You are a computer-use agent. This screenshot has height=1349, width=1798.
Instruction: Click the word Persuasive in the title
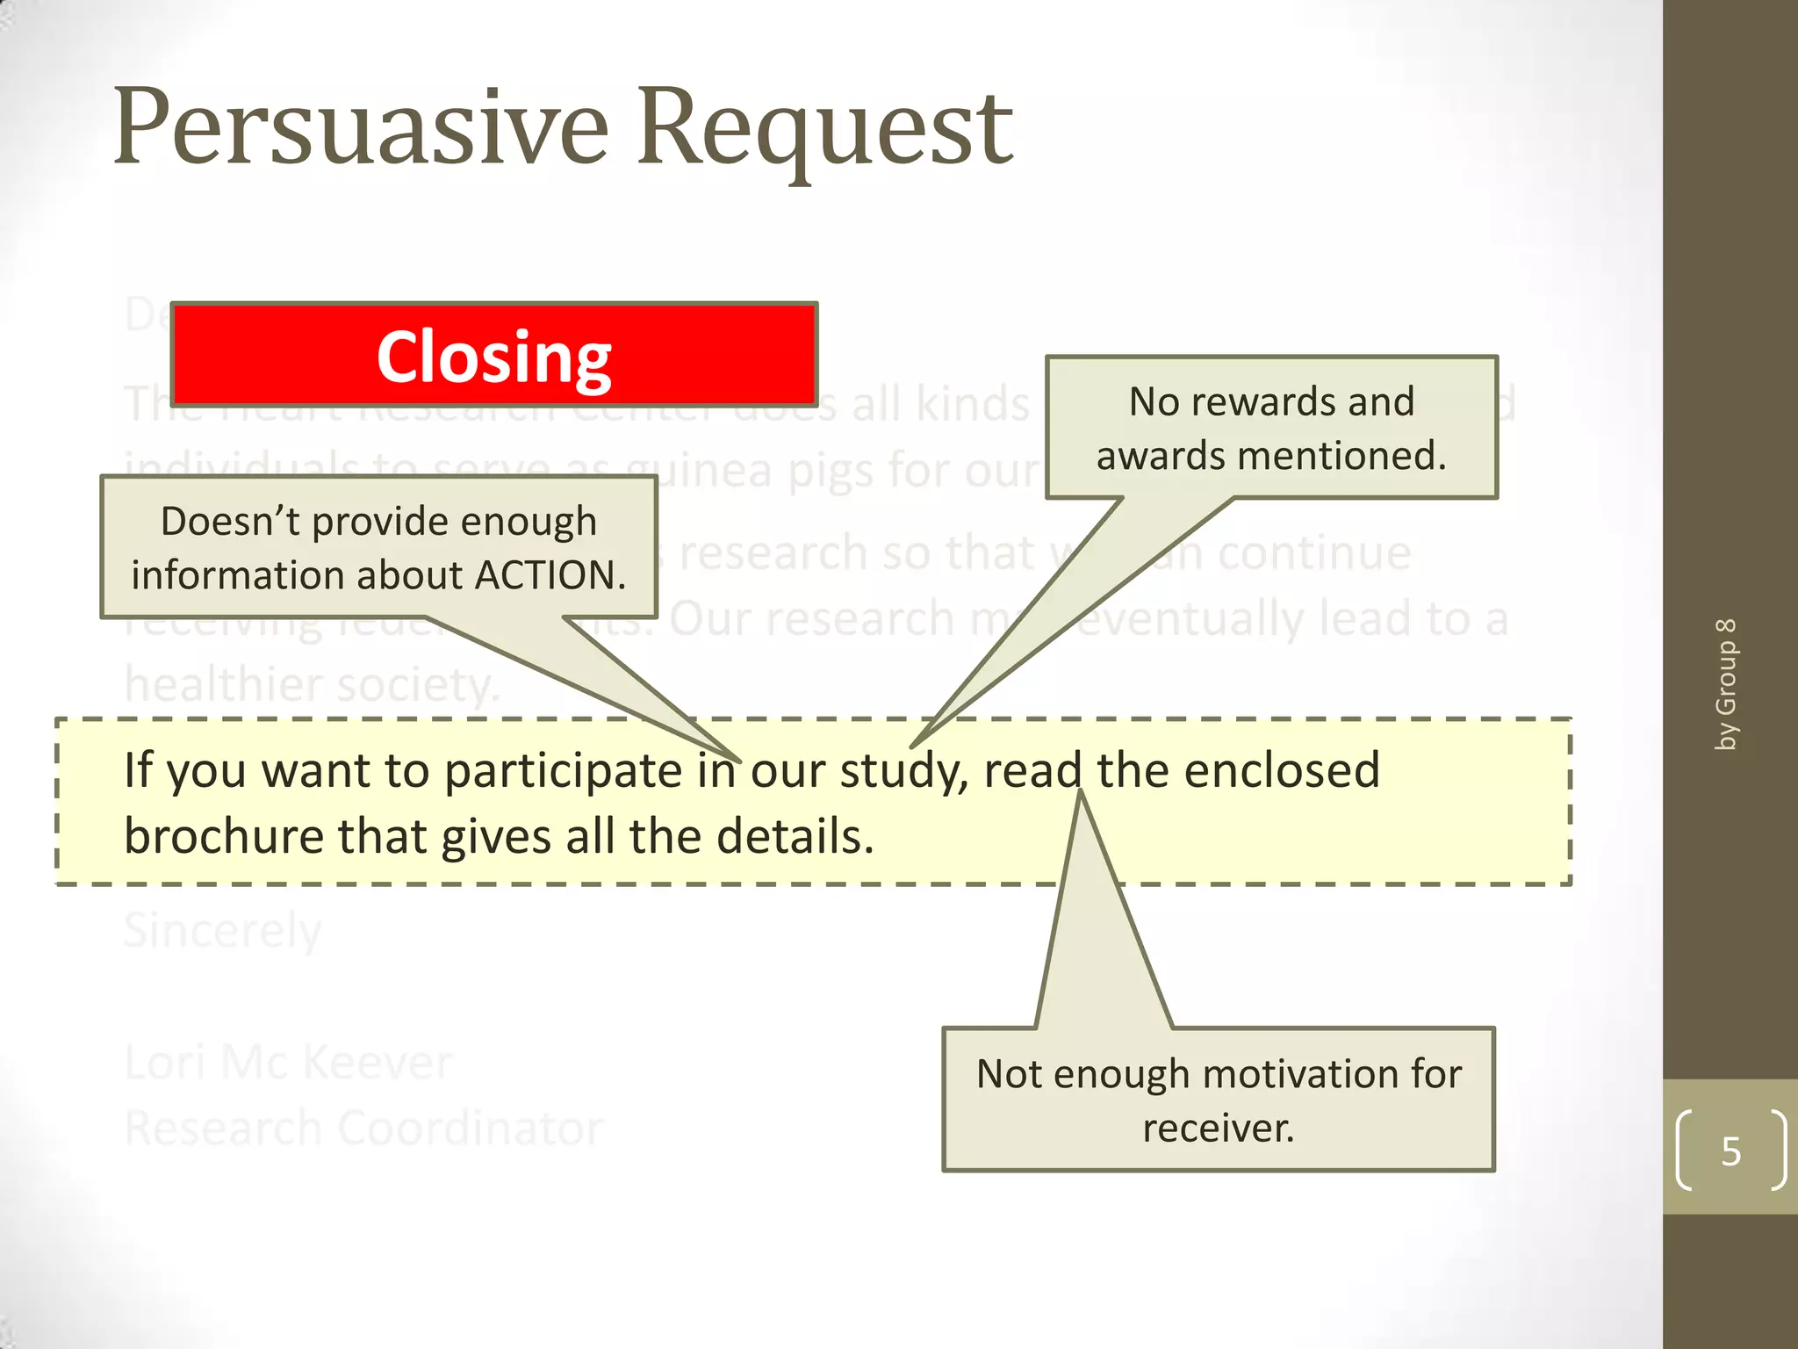pos(360,129)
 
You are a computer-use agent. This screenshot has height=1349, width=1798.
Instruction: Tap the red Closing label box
pos(494,356)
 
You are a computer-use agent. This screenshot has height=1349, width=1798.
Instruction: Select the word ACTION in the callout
pos(549,575)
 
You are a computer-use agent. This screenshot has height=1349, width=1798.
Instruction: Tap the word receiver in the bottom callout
pos(1215,1128)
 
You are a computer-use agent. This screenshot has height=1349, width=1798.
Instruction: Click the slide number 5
pos(1730,1151)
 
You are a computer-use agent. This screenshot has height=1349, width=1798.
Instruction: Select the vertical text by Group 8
pos(1726,684)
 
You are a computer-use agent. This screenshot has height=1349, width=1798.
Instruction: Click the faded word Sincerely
pos(223,932)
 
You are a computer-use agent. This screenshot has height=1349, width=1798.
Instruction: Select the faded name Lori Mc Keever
pos(288,1062)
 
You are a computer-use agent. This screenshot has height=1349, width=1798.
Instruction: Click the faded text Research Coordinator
pos(363,1128)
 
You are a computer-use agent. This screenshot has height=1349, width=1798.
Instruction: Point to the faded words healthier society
pos(312,685)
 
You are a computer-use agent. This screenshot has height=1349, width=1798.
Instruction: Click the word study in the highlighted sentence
pos(903,771)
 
